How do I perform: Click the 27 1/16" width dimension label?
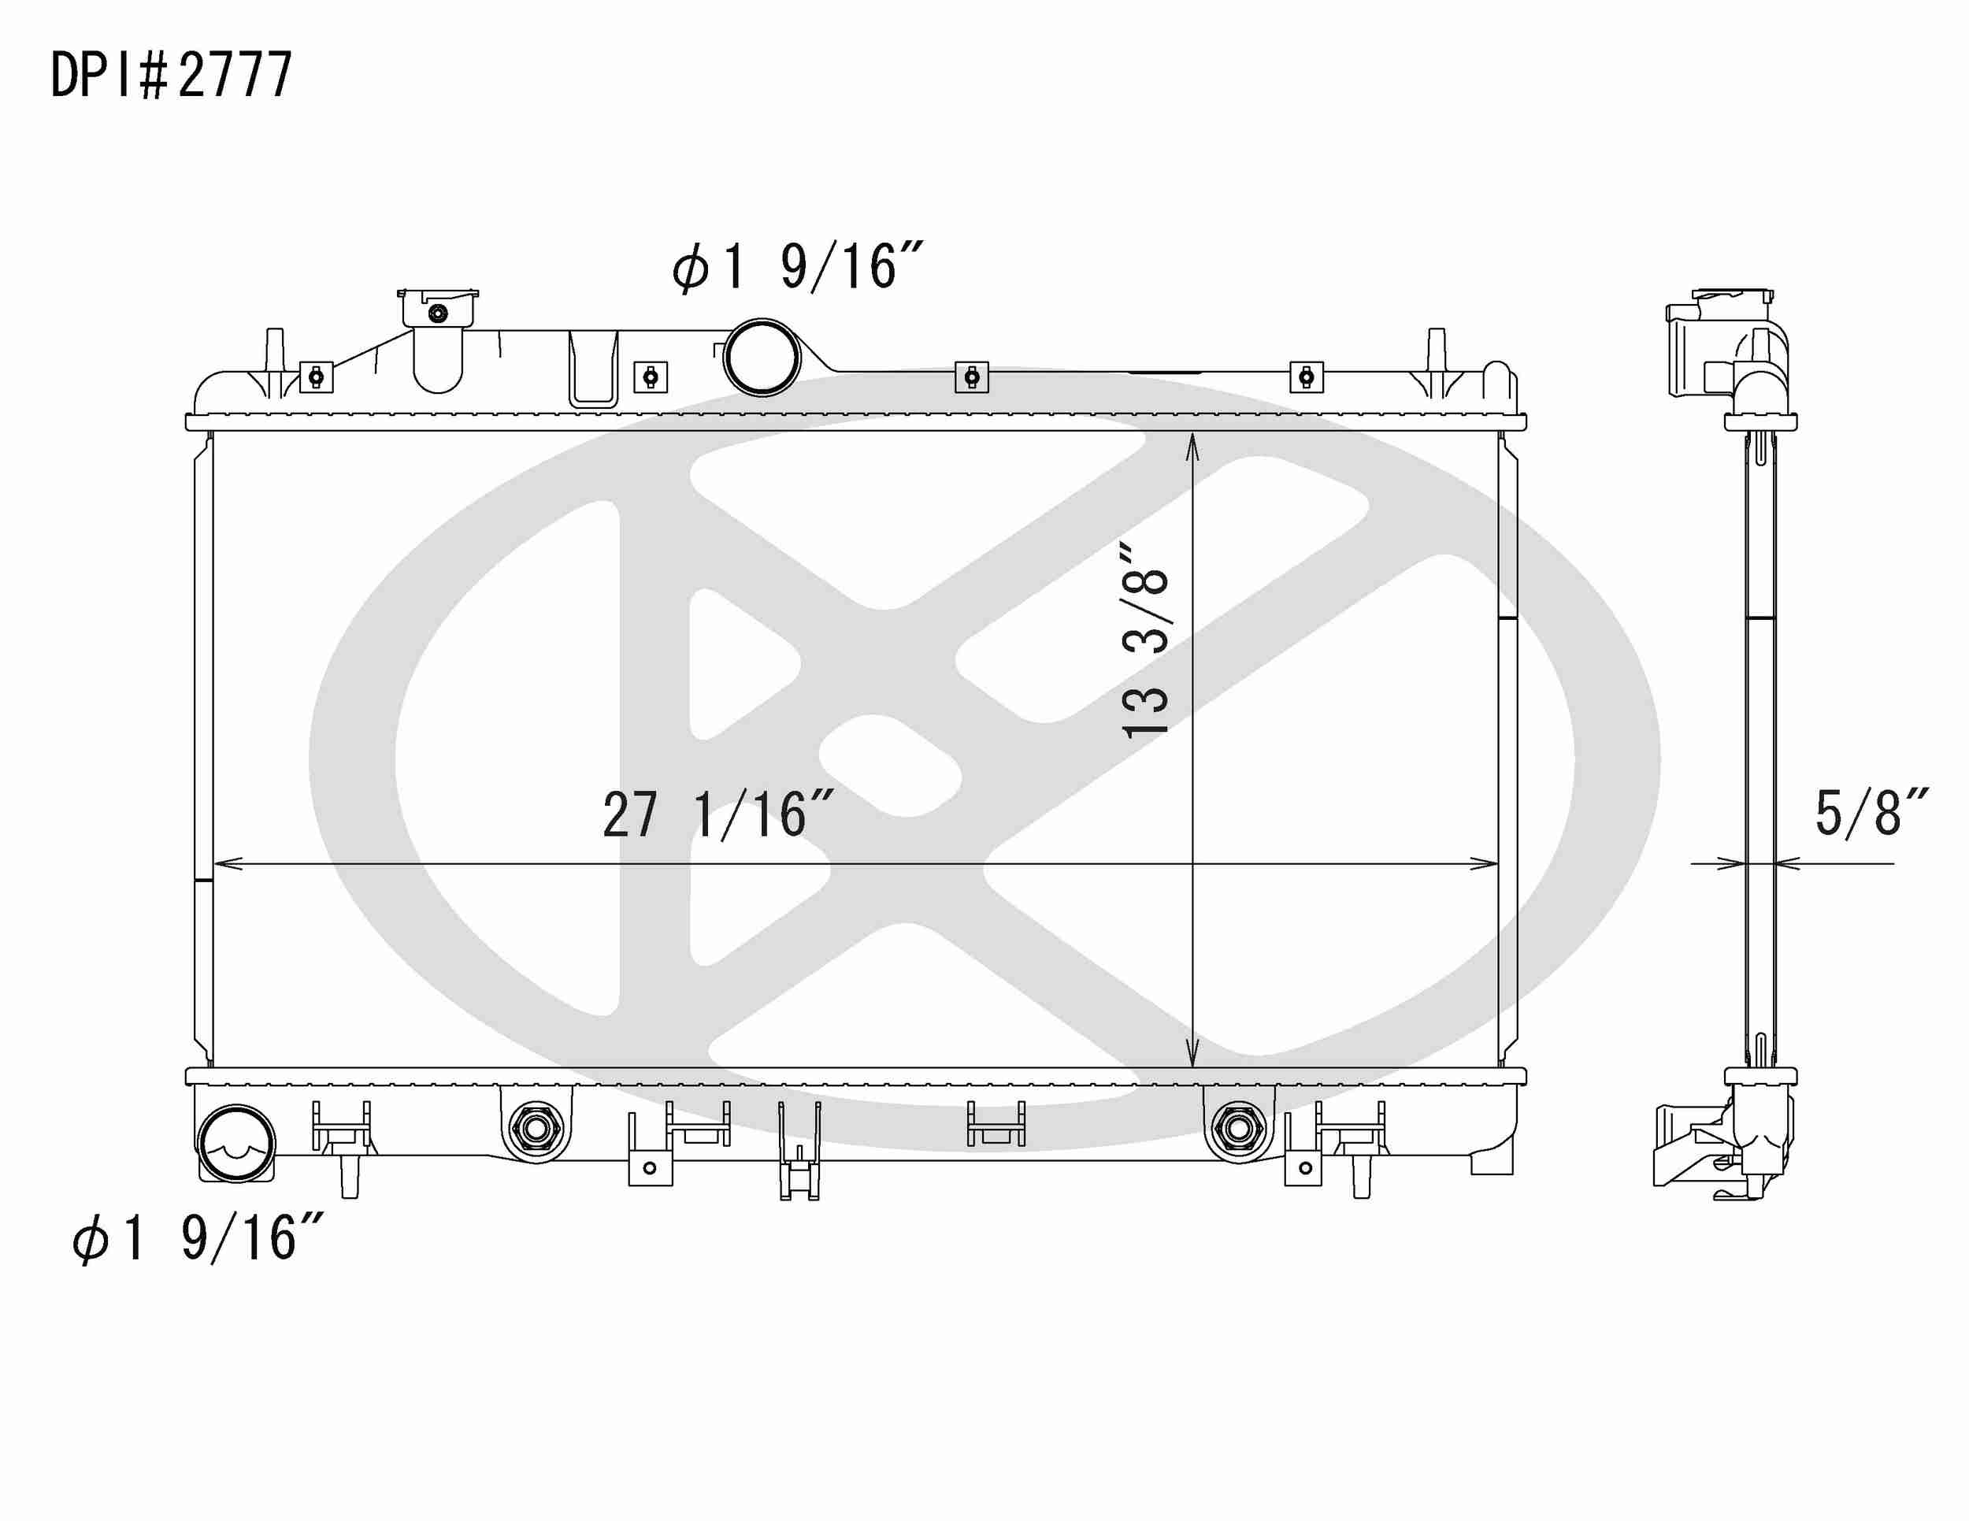tap(718, 815)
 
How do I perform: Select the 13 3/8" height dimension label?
tap(1145, 640)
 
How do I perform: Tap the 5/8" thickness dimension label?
tap(1870, 812)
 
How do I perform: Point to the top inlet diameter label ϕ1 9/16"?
tap(797, 267)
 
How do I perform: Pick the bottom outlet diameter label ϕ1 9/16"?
tap(197, 1238)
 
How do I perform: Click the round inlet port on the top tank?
tap(762, 358)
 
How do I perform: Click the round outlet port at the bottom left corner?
tap(236, 1143)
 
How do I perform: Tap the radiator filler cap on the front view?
tap(438, 308)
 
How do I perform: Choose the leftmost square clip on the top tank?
tap(316, 377)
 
